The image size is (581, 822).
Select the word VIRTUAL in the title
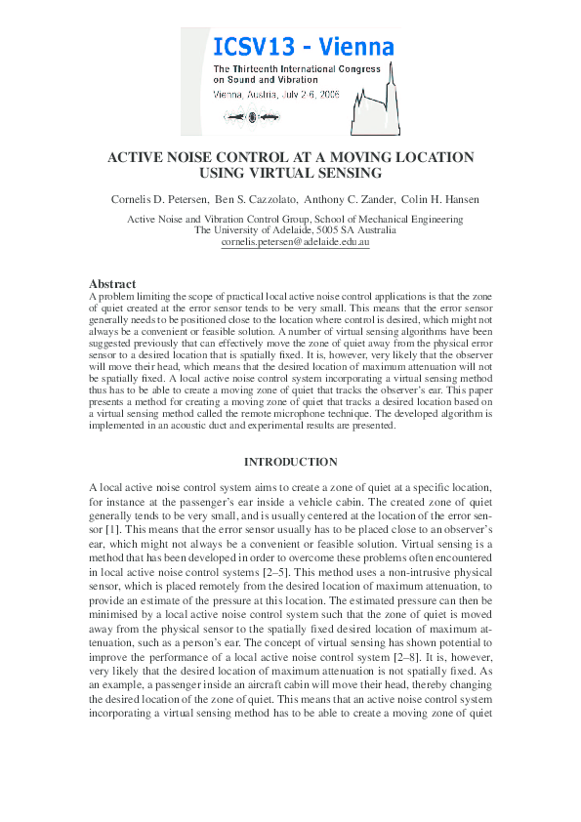[290, 174]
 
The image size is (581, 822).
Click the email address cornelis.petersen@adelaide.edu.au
[290, 243]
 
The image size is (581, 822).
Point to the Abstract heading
[112, 284]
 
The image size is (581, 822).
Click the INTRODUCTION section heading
[290, 462]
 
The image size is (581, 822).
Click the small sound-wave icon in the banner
[250, 117]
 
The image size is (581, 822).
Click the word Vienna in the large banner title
[358, 45]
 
